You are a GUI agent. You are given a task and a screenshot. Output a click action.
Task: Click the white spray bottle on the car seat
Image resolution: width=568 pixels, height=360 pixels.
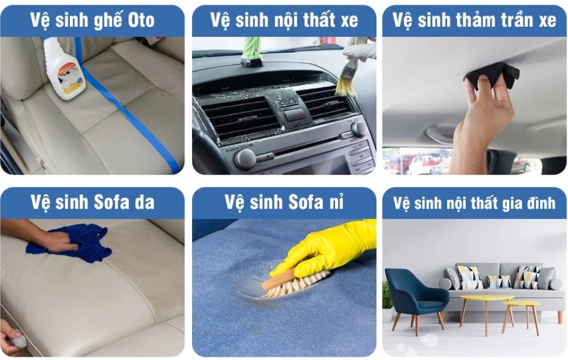click(65, 69)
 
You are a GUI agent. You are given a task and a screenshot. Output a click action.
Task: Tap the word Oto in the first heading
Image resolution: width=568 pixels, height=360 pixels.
click(141, 20)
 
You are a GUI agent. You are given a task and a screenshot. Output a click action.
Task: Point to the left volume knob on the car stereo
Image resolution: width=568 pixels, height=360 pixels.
click(245, 159)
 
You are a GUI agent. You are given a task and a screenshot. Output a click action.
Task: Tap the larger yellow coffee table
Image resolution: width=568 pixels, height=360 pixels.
click(486, 311)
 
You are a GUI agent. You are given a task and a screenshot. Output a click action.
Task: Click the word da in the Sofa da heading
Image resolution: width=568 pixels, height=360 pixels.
click(144, 202)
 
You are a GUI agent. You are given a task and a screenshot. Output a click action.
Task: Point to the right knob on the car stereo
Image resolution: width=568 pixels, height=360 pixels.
click(359, 129)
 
